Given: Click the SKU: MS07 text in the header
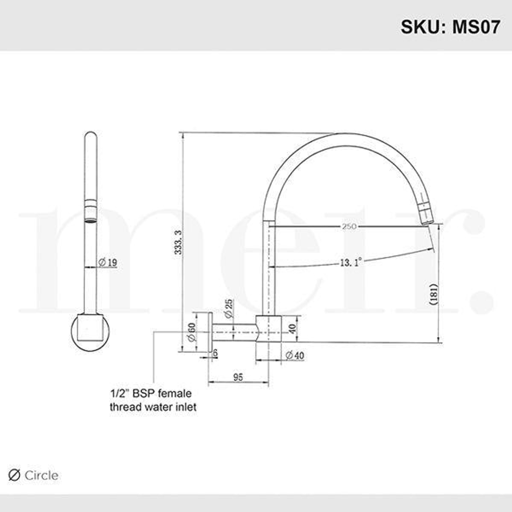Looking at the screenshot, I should pos(450,27).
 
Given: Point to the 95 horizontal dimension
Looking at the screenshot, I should pos(238,377).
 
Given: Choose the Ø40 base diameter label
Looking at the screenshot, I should pos(294,356).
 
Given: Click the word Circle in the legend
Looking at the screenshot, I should pos(41,475).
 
